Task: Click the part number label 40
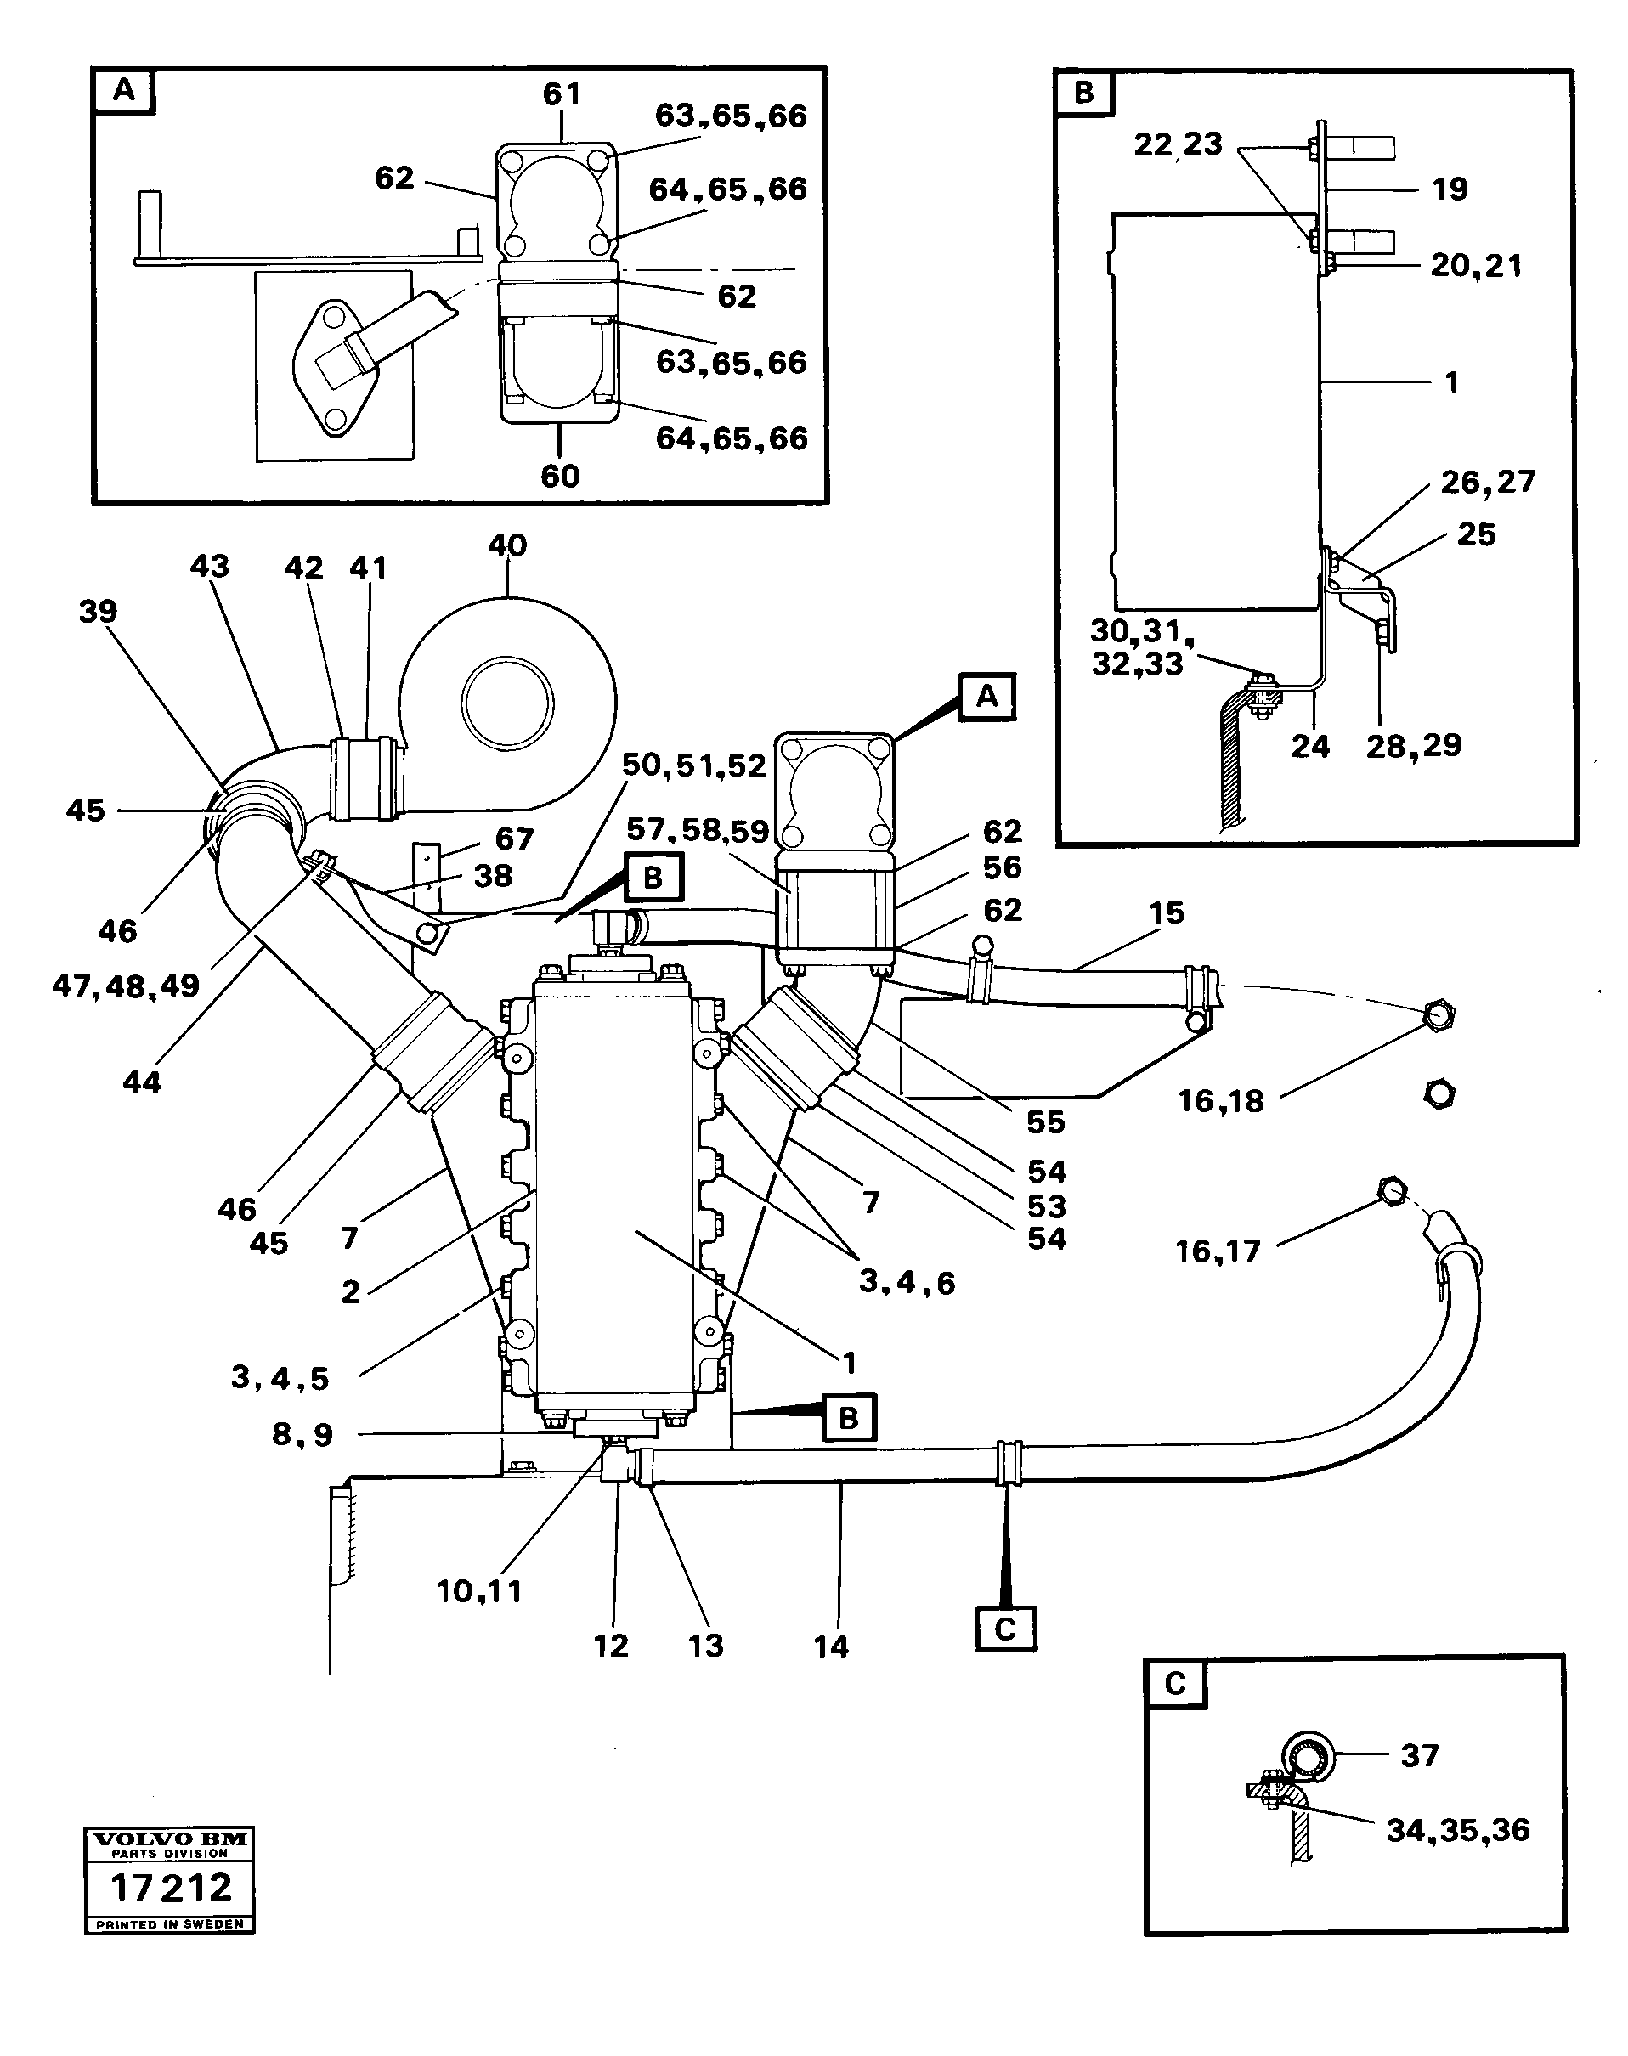click(506, 546)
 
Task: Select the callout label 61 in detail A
click(562, 94)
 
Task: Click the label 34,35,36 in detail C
click(1457, 1830)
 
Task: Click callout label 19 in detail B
click(1450, 189)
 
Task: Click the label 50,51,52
click(694, 765)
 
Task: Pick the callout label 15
click(1166, 913)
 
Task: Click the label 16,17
click(1218, 1251)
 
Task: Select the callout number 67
click(514, 839)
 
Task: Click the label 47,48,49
click(126, 986)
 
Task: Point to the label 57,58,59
click(698, 831)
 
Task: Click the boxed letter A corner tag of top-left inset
click(124, 92)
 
